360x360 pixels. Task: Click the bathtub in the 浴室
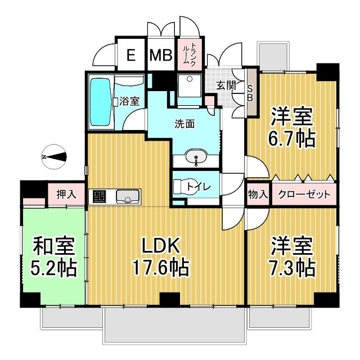tap(101, 103)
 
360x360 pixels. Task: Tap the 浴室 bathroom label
tap(130, 101)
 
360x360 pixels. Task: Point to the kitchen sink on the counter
tap(128, 196)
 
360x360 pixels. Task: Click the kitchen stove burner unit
tap(100, 196)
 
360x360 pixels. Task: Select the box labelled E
tap(130, 55)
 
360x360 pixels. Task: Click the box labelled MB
tap(161, 55)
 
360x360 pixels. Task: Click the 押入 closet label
tap(66, 195)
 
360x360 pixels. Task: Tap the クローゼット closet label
tap(304, 195)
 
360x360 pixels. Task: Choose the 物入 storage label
tap(258, 195)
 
